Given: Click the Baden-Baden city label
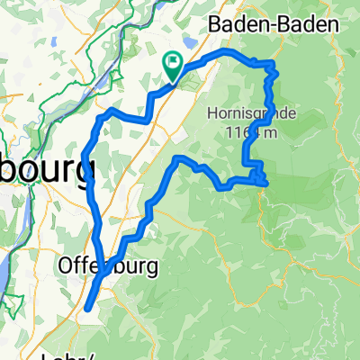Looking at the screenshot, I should [x=275, y=24].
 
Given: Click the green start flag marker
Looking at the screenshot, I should [x=172, y=62].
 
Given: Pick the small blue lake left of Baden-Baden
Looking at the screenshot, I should [x=190, y=41].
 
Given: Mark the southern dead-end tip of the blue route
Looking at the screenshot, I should [x=87, y=310].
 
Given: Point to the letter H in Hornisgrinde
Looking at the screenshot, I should [x=212, y=114].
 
